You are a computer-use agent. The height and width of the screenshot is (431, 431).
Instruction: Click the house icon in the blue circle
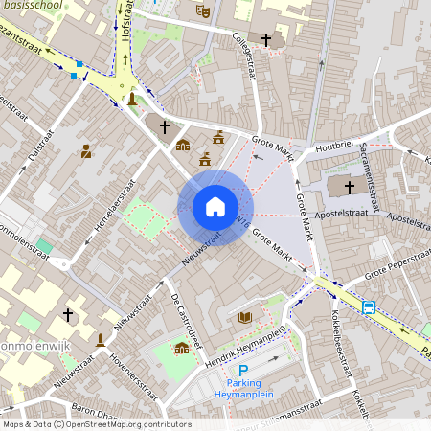(x=215, y=207)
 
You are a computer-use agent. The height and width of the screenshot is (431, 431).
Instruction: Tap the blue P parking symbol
(x=243, y=371)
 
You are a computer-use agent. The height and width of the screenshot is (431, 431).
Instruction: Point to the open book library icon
(x=245, y=317)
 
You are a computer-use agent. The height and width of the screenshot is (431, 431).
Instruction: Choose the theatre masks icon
(x=202, y=11)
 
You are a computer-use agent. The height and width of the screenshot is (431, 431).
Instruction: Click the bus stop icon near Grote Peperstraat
(x=369, y=306)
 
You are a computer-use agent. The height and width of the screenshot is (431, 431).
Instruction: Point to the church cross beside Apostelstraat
(x=349, y=186)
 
